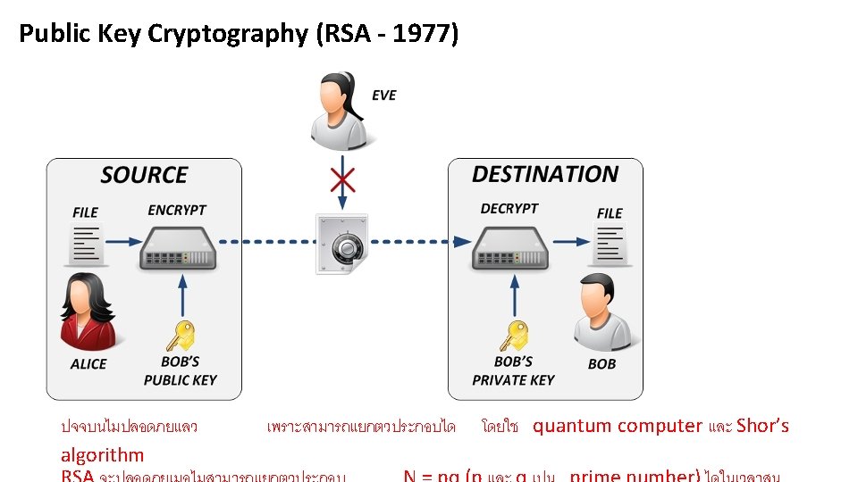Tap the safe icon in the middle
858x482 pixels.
click(x=341, y=244)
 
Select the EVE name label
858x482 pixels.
click(x=383, y=96)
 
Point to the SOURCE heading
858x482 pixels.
click(x=144, y=175)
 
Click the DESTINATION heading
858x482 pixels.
click(x=545, y=174)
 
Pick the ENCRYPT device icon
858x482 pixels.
click(x=178, y=247)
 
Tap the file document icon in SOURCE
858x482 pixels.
click(x=87, y=244)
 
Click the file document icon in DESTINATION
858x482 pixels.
click(x=610, y=244)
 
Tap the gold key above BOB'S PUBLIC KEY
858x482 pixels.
click(x=180, y=337)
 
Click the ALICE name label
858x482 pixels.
click(x=88, y=364)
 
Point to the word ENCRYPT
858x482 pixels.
click(x=177, y=211)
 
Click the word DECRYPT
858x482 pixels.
click(x=509, y=209)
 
